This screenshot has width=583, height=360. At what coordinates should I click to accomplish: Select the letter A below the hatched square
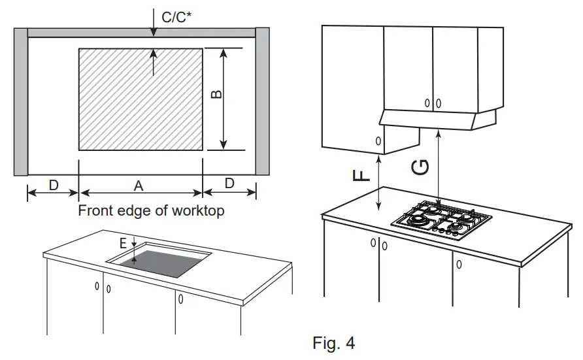[x=139, y=186]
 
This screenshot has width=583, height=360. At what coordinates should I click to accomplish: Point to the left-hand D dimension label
[x=53, y=185]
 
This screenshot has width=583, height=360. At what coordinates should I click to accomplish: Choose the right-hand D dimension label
[x=229, y=184]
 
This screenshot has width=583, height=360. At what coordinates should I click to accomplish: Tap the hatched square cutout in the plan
[x=141, y=99]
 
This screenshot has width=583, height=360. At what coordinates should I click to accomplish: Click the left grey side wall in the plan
[x=20, y=101]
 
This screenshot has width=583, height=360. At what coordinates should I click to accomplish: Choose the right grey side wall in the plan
[x=262, y=101]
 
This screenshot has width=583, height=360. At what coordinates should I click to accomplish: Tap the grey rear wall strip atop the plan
[x=141, y=33]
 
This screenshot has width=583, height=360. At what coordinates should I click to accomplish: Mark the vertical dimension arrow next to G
[x=439, y=167]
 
